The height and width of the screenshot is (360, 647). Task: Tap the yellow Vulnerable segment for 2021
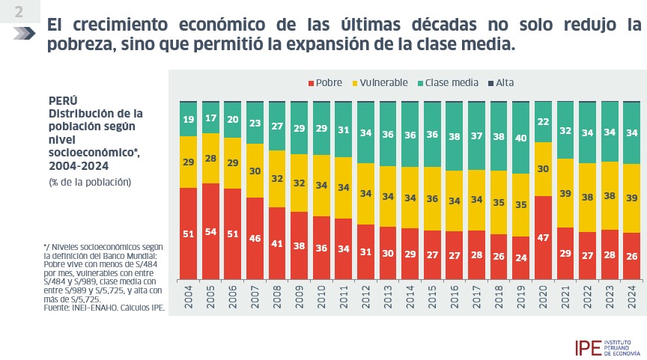tap(565, 193)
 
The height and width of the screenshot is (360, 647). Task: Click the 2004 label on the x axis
tap(189, 296)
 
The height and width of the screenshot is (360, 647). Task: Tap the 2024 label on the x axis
tap(632, 296)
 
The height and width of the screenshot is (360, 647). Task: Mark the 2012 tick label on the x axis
tap(366, 296)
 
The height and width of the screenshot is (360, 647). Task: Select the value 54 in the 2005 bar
tap(210, 231)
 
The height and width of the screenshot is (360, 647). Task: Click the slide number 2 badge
tap(18, 13)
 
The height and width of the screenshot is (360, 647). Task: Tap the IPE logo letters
tap(587, 347)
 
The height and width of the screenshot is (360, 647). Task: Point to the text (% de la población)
tap(90, 183)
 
